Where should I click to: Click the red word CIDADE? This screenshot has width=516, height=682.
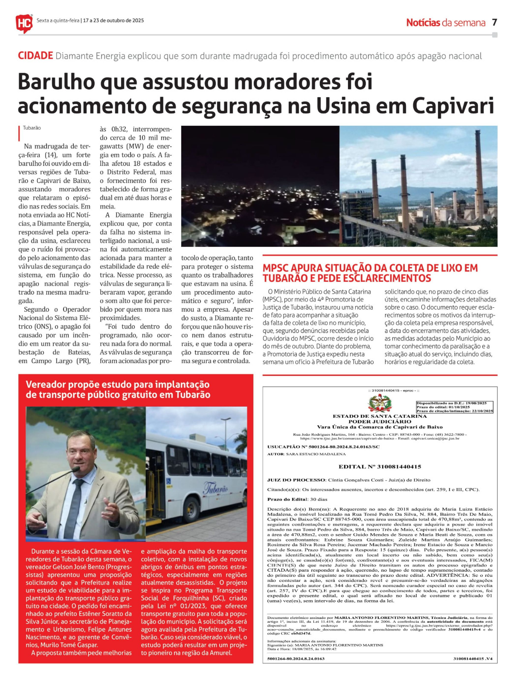35,56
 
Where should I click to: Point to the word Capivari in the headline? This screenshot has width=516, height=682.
453,106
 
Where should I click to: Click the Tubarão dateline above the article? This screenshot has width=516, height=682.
32,128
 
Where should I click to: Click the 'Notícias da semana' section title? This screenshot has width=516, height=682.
446,23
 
